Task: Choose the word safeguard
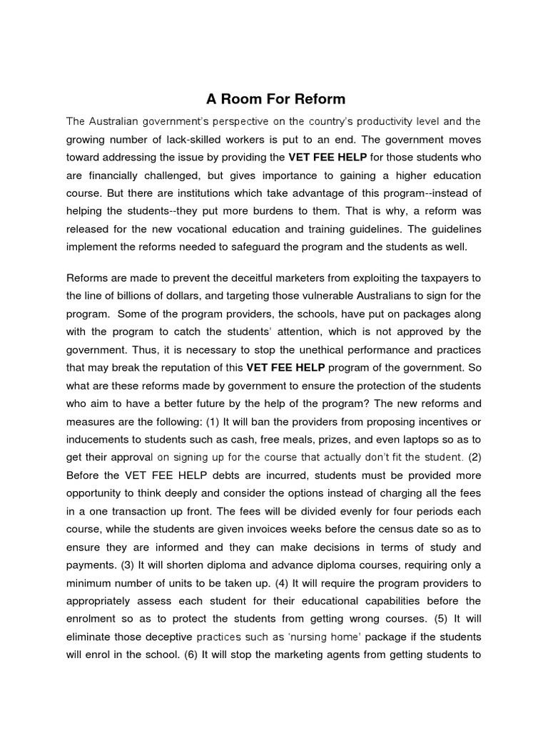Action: [304, 248]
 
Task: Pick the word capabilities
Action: [393, 601]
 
